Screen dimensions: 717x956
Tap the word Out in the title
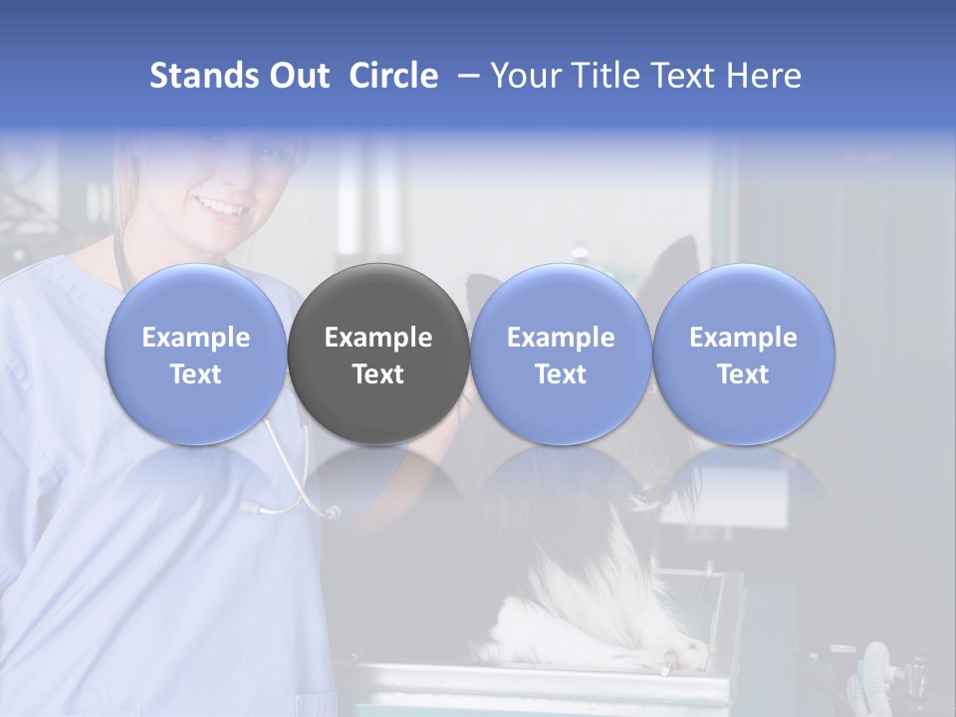[297, 76]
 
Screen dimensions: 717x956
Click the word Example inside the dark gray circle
[378, 338]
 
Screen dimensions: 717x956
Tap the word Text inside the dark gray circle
[378, 374]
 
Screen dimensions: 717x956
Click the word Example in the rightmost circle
[743, 338]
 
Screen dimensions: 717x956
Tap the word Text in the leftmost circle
[195, 374]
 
